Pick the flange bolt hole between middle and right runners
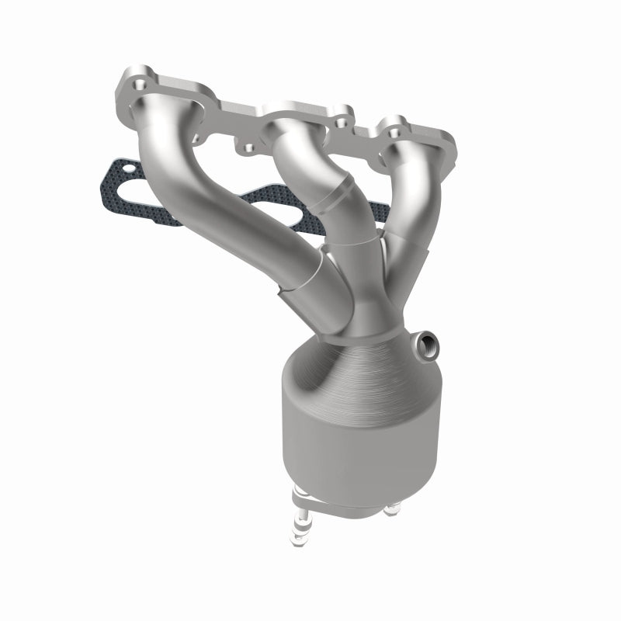pyautogui.click(x=339, y=123)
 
